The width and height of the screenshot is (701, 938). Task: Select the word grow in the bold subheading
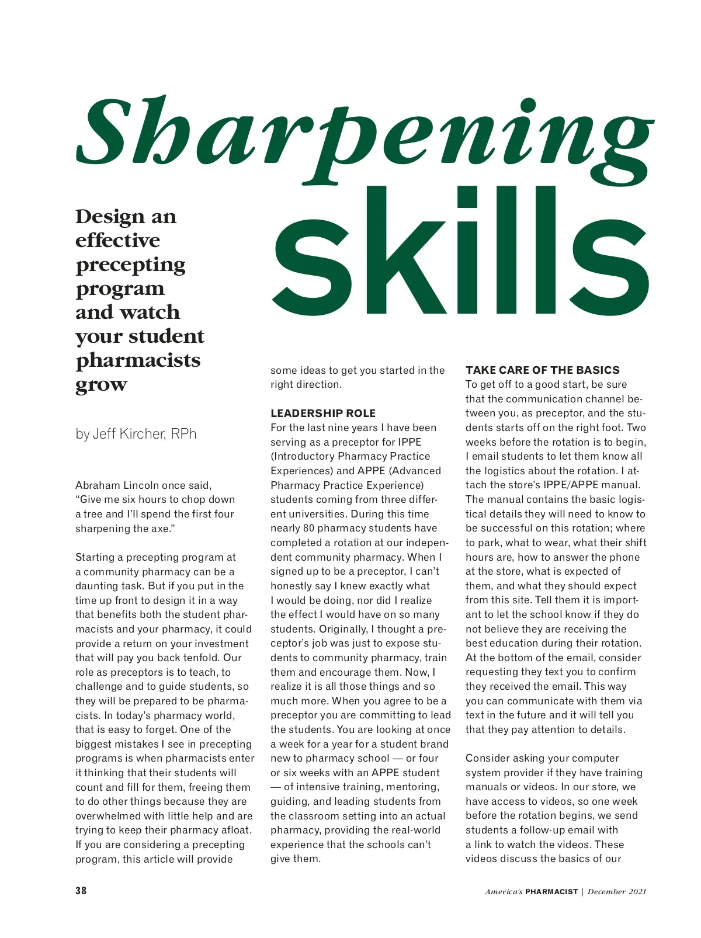click(101, 385)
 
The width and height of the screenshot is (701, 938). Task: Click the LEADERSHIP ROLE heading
click(323, 414)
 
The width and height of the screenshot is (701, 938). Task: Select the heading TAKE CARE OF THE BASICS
click(542, 370)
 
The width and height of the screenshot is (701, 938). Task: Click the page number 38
click(81, 891)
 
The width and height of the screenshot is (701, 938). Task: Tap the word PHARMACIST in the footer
click(551, 892)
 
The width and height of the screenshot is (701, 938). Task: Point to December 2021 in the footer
click(617, 892)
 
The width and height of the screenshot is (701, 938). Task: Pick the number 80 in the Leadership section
click(310, 529)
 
